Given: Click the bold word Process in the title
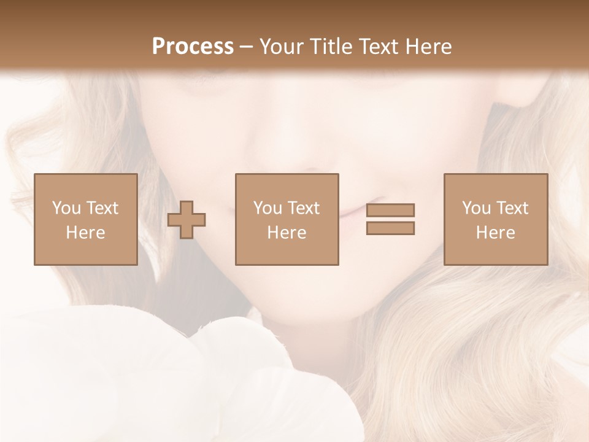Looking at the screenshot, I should click(x=193, y=47).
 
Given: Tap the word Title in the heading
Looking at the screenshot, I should click(x=332, y=47).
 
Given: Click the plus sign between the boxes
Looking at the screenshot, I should click(x=187, y=220).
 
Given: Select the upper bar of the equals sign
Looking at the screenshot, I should click(x=390, y=210).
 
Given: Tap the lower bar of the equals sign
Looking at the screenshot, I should click(x=390, y=228).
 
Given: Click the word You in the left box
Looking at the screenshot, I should click(x=66, y=208).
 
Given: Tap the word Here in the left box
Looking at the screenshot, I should click(x=85, y=233).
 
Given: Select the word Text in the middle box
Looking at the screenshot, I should click(x=304, y=208).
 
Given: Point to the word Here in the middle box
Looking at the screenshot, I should click(x=287, y=233).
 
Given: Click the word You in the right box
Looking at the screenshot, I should click(x=476, y=208).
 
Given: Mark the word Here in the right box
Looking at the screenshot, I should click(x=495, y=233).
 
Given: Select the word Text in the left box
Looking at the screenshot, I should click(x=102, y=208).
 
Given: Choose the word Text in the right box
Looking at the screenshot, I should click(x=512, y=208).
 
